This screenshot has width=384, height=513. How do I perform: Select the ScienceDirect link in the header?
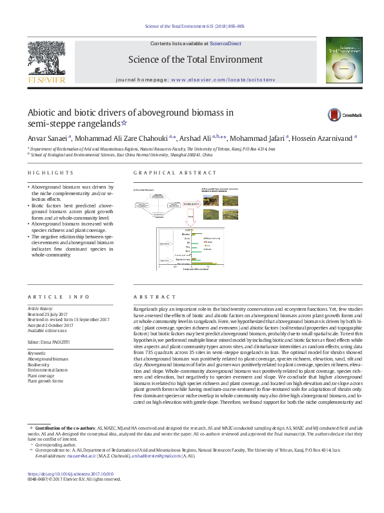(x=226, y=43)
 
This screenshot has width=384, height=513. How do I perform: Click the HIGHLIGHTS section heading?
(x=50, y=173)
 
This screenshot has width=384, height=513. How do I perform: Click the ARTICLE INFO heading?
(x=59, y=297)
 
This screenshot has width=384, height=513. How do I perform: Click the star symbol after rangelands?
(x=125, y=123)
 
